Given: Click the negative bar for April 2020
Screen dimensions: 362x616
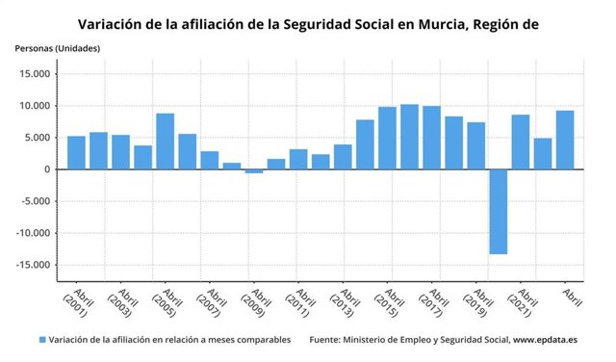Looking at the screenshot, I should pos(498,212).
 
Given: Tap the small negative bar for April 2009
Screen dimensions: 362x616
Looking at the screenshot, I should pos(253,171).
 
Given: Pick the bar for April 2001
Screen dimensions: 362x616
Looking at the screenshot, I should pos(76,152).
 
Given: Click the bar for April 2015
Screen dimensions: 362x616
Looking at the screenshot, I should pos(387,138).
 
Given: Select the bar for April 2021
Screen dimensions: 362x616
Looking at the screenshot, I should pos(520,142).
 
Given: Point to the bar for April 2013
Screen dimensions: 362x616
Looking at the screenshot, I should pos(343,157).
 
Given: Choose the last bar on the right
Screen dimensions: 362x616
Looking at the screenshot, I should pos(565,140).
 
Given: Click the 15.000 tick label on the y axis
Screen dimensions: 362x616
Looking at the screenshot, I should pos(35,74).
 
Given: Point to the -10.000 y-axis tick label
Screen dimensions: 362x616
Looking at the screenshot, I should pos(33,234).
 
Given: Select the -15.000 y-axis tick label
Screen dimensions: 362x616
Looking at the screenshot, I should pos(33,266).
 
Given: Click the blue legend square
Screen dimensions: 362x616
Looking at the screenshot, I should pos(42,340).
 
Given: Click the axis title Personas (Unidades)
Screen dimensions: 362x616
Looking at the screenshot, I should pos(57,48).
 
